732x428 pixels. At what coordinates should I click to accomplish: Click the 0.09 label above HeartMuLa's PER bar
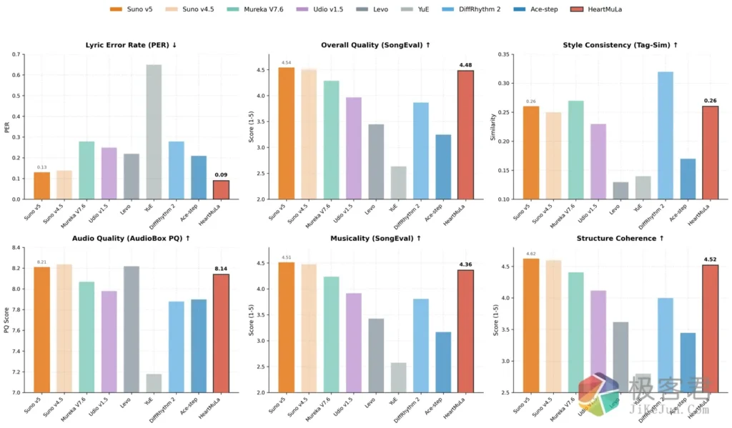click(x=221, y=174)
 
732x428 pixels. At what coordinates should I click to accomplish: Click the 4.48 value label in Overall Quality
click(x=465, y=64)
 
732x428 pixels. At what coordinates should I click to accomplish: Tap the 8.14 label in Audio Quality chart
click(x=221, y=269)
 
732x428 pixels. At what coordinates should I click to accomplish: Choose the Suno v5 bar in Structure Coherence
click(x=531, y=325)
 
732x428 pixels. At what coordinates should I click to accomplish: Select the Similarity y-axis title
click(x=493, y=126)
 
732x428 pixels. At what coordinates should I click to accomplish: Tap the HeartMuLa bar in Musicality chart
click(x=465, y=331)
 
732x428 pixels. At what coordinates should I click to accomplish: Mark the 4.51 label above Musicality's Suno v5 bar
click(x=286, y=258)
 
